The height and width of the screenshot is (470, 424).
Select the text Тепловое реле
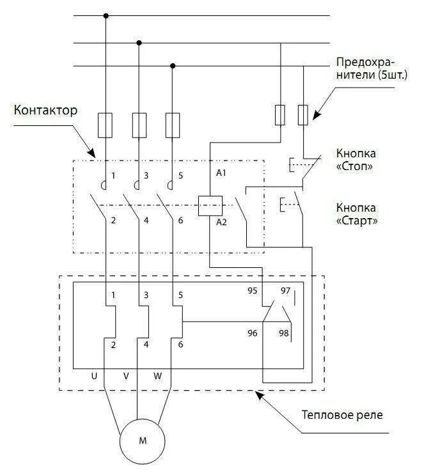point(342,414)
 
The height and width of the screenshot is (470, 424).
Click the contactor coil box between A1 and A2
point(210,205)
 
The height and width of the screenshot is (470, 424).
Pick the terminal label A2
point(221,223)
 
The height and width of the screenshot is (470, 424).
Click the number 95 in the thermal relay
point(253,290)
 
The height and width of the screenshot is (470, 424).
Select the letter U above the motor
point(94,376)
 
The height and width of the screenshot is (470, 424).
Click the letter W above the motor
point(158,376)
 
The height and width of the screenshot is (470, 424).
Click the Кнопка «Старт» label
point(356,214)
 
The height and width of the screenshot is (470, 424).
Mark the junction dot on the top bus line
point(106,15)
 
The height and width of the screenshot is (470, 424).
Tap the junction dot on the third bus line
point(173,65)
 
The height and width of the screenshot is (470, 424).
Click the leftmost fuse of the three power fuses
point(106,125)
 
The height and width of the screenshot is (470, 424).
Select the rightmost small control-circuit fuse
point(304,115)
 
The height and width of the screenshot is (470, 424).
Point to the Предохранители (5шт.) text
point(365,69)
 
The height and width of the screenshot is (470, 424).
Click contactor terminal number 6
point(181,221)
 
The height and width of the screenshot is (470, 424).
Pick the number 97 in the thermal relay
point(286,290)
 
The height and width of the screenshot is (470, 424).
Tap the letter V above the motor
point(126,376)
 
